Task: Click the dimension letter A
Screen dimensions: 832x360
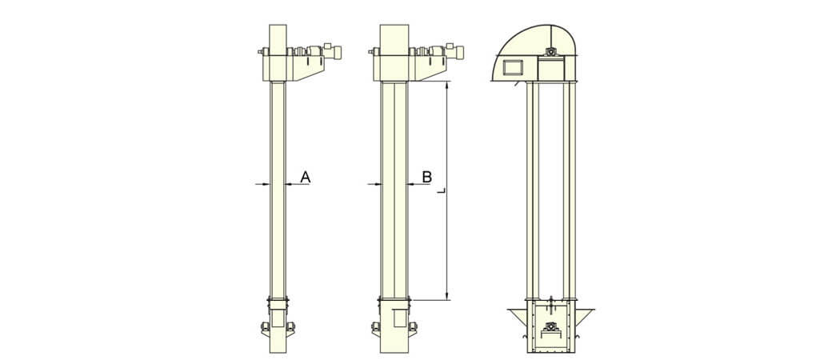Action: click(x=305, y=177)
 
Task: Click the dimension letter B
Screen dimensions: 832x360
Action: click(x=426, y=177)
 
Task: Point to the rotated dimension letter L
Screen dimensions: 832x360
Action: click(x=442, y=190)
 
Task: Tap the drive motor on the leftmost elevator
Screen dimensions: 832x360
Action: click(x=332, y=52)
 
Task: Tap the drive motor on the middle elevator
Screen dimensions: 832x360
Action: click(x=454, y=52)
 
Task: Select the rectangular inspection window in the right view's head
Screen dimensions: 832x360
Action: click(x=513, y=67)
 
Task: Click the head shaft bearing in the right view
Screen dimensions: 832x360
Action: click(x=552, y=52)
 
